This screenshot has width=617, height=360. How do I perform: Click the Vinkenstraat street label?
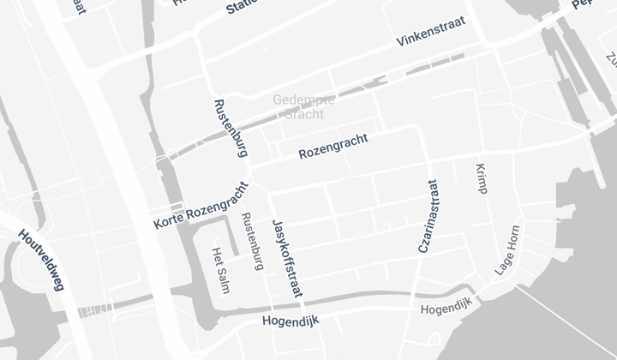coord(430,33)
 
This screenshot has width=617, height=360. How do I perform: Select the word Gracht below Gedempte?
coord(304,113)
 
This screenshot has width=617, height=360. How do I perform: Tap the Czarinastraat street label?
coord(428,215)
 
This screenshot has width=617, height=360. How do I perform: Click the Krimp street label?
coord(480,178)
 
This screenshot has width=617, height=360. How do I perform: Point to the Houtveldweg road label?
coord(41,261)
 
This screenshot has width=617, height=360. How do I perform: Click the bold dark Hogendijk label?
coord(290,321)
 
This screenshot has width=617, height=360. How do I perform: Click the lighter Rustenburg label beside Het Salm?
coord(251,241)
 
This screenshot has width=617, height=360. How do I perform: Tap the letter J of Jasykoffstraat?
coord(275,225)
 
